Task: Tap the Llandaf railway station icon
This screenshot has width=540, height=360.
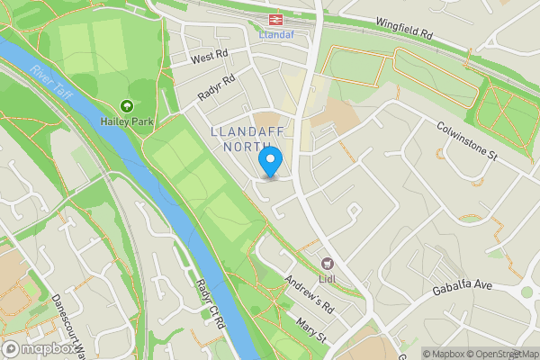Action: click(271, 19)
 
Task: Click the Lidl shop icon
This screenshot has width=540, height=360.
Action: click(328, 264)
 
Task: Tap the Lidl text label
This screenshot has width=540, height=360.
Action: click(328, 278)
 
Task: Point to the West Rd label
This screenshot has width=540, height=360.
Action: click(211, 57)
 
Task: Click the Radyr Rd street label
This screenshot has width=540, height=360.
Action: click(217, 88)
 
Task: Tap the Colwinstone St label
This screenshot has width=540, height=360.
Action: click(467, 141)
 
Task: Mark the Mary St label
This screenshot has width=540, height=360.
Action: click(310, 328)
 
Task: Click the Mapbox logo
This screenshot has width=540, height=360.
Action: click(38, 349)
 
